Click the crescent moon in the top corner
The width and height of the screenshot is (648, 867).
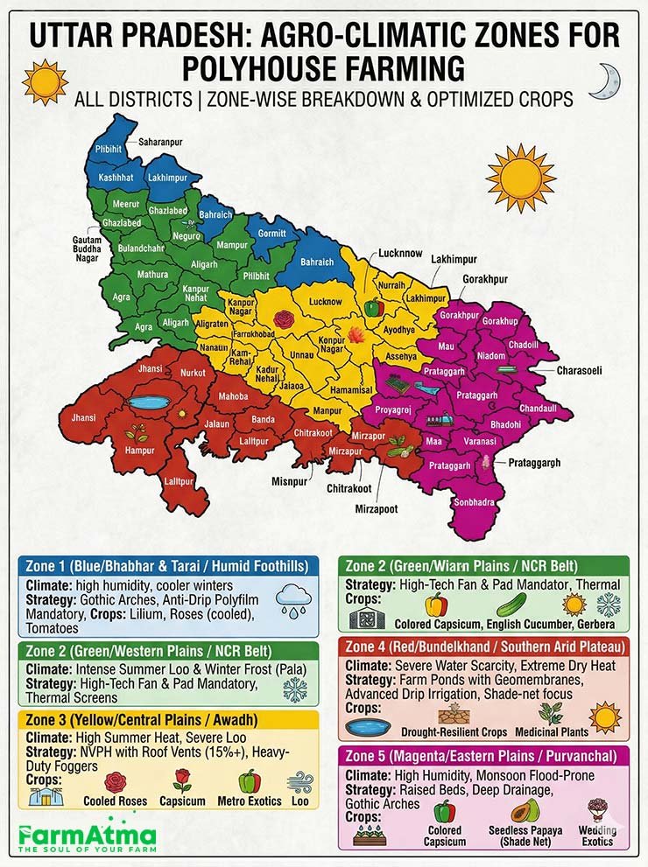(604, 81)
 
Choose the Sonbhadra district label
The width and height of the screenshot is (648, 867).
(474, 502)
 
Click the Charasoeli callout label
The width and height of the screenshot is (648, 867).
(579, 371)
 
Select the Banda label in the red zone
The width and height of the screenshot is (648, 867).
(264, 420)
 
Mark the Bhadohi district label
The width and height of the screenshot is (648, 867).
(505, 424)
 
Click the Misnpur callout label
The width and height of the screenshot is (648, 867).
(291, 481)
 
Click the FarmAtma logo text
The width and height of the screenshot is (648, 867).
(88, 835)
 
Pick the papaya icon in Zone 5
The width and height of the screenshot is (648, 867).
(525, 811)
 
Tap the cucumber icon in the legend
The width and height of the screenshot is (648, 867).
(511, 604)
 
